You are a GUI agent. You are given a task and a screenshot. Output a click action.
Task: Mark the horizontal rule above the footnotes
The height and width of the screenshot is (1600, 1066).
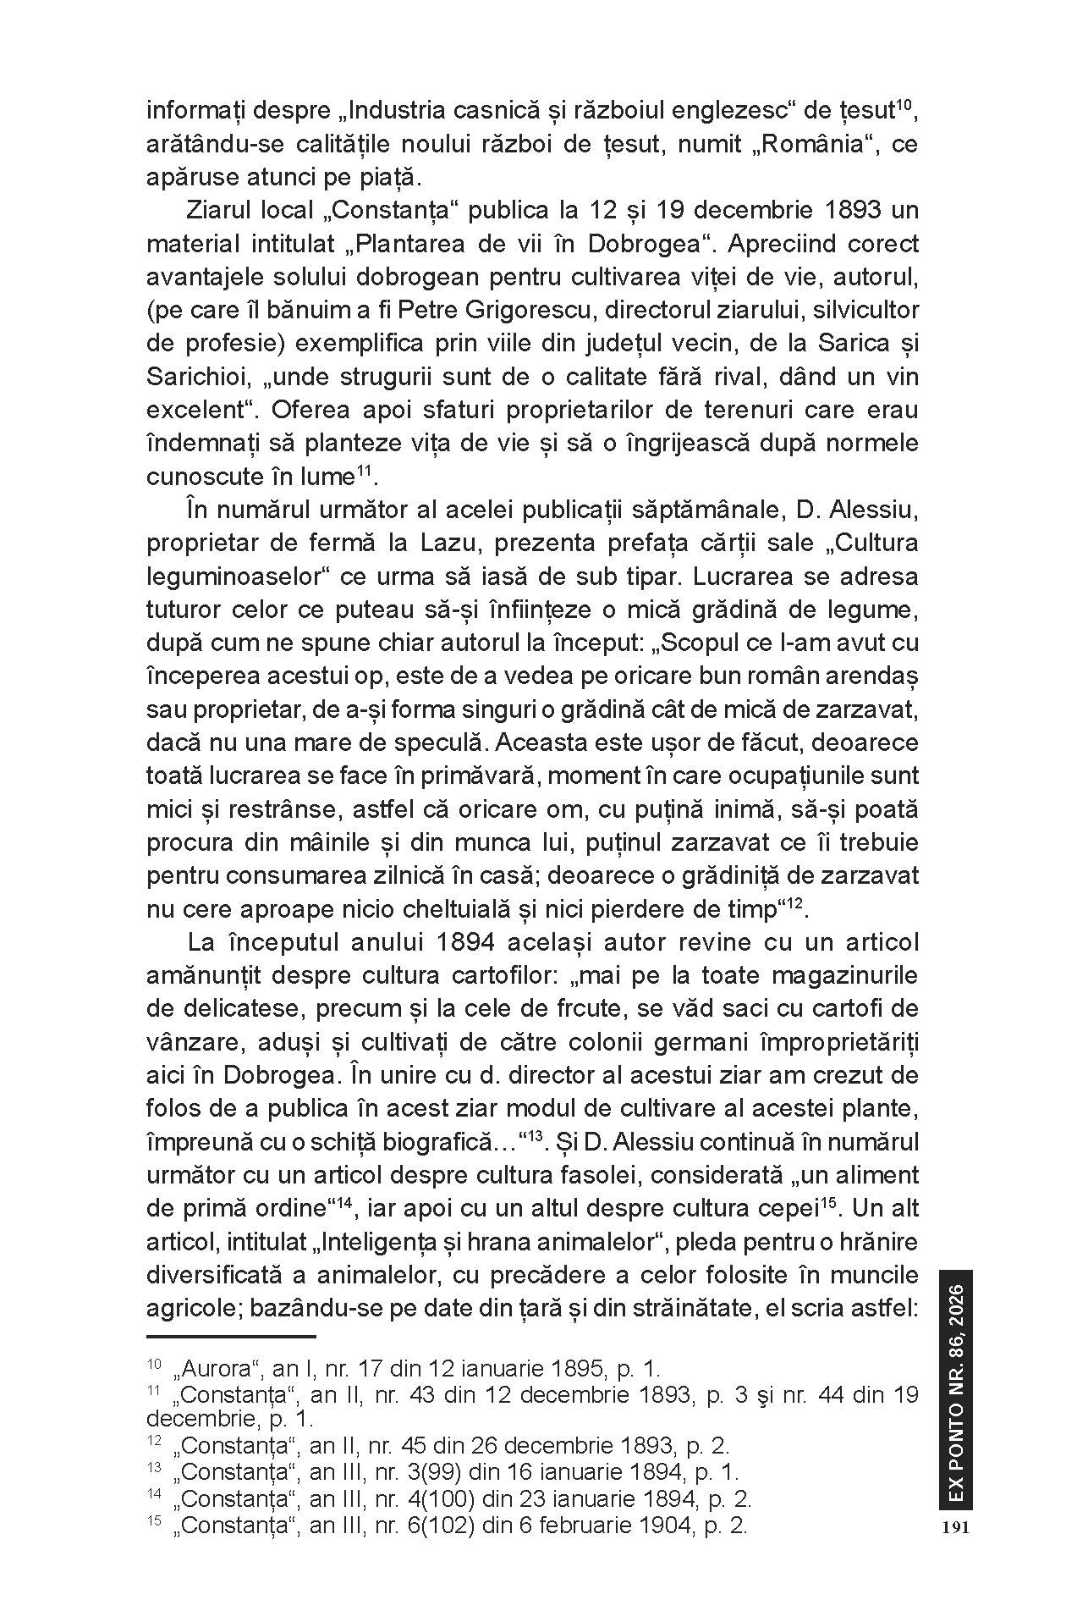(x=230, y=1337)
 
